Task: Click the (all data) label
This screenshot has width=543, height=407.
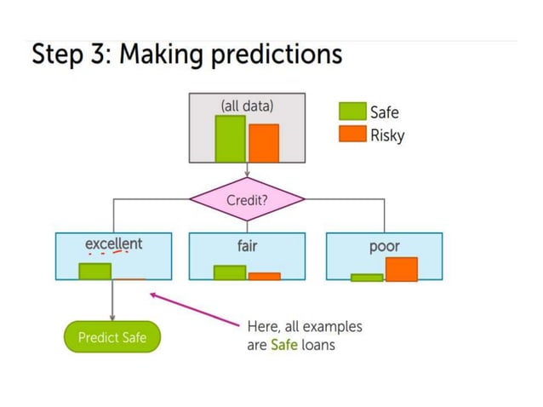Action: point(247,106)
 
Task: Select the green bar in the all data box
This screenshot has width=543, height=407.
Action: point(230,138)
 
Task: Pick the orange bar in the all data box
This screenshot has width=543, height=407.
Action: point(264,142)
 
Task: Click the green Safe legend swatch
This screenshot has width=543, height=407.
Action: point(352,112)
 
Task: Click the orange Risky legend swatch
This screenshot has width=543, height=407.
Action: point(352,134)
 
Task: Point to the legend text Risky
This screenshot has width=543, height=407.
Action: point(387,135)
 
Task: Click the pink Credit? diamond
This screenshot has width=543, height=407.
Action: point(247,201)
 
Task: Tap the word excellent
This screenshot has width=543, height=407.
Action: point(113,244)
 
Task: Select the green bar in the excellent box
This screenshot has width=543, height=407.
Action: point(95,271)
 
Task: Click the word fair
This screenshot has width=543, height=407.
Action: point(247,245)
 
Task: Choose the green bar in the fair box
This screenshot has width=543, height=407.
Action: point(230,272)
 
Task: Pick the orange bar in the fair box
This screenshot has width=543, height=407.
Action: point(264,276)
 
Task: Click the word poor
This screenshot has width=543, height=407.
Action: point(385,246)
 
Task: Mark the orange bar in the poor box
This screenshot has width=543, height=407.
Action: point(401,269)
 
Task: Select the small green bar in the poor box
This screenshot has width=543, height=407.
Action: point(367,277)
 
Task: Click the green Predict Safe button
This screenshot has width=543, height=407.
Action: point(112,337)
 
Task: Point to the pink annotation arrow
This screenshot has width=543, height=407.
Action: point(196,309)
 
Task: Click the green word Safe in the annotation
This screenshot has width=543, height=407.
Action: point(283,345)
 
